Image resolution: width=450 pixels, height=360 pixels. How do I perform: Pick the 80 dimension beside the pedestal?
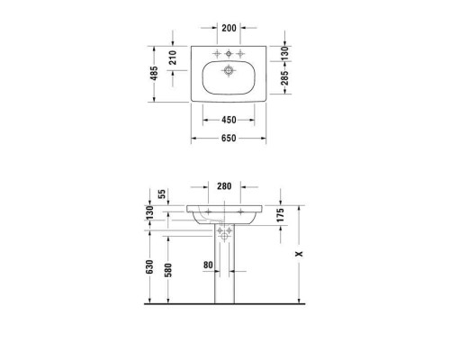click(x=206, y=265)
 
